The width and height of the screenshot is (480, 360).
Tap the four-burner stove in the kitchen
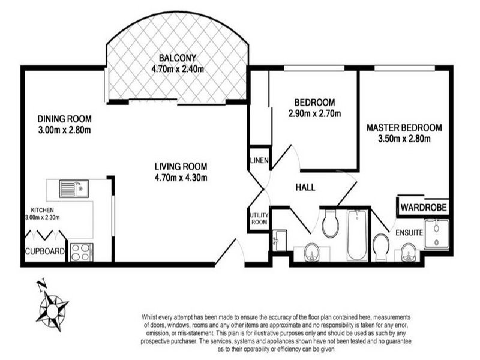pos(80,251)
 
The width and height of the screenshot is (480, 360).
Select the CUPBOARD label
pos(44,252)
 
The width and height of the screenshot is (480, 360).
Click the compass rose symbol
pos(53,307)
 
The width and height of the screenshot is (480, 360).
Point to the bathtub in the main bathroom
pos(356,236)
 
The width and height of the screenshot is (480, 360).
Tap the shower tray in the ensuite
pos(437,235)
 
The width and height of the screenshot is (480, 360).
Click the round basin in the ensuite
pos(407,252)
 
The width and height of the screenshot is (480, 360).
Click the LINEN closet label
pos(259,160)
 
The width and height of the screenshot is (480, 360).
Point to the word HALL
pos(305,188)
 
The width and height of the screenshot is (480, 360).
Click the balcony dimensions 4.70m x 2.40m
pos(178,69)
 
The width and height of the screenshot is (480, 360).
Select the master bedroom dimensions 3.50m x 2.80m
pos(404,139)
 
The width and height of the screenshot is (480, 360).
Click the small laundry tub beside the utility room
pos(278,239)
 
